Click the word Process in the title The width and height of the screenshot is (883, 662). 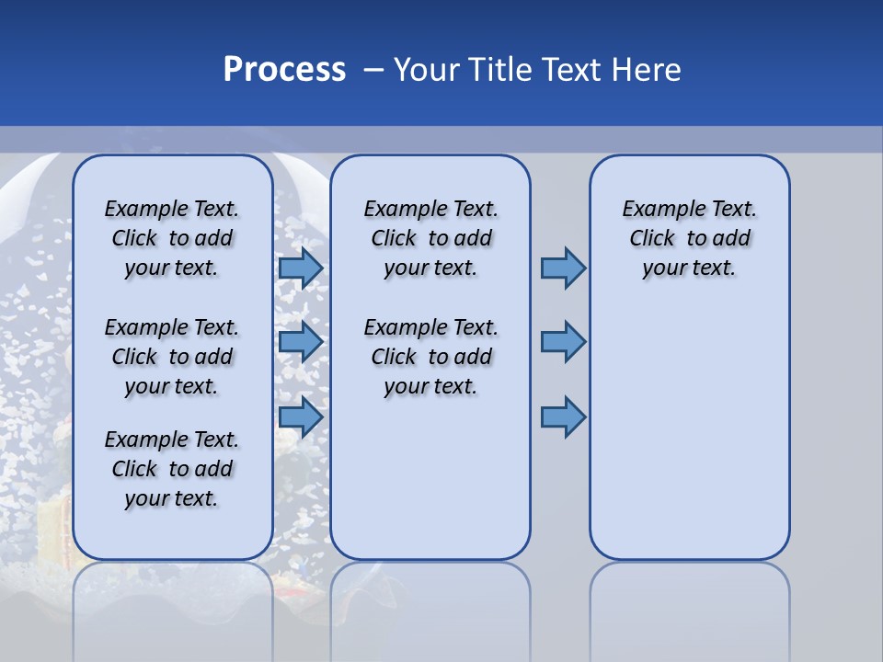pos(284,70)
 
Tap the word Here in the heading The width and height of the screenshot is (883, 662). pos(647,70)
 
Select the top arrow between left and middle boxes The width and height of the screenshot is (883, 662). pos(301,268)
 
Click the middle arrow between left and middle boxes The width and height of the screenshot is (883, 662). pos(301,343)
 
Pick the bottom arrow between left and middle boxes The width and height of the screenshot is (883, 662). pos(301,417)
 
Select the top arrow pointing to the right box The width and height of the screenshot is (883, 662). pos(563,268)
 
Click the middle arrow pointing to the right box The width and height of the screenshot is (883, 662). pos(563,342)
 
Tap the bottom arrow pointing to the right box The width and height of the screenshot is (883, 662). pos(563,417)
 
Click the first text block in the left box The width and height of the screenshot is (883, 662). pos(172,238)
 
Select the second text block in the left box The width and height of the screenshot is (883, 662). pos(172,357)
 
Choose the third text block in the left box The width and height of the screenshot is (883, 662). pos(172,469)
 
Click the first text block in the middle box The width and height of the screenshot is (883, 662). pos(430,238)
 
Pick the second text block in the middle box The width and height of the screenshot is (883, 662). pos(430,357)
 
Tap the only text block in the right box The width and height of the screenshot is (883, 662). pos(689,238)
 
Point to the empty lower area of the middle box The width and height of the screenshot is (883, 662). pos(430,478)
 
